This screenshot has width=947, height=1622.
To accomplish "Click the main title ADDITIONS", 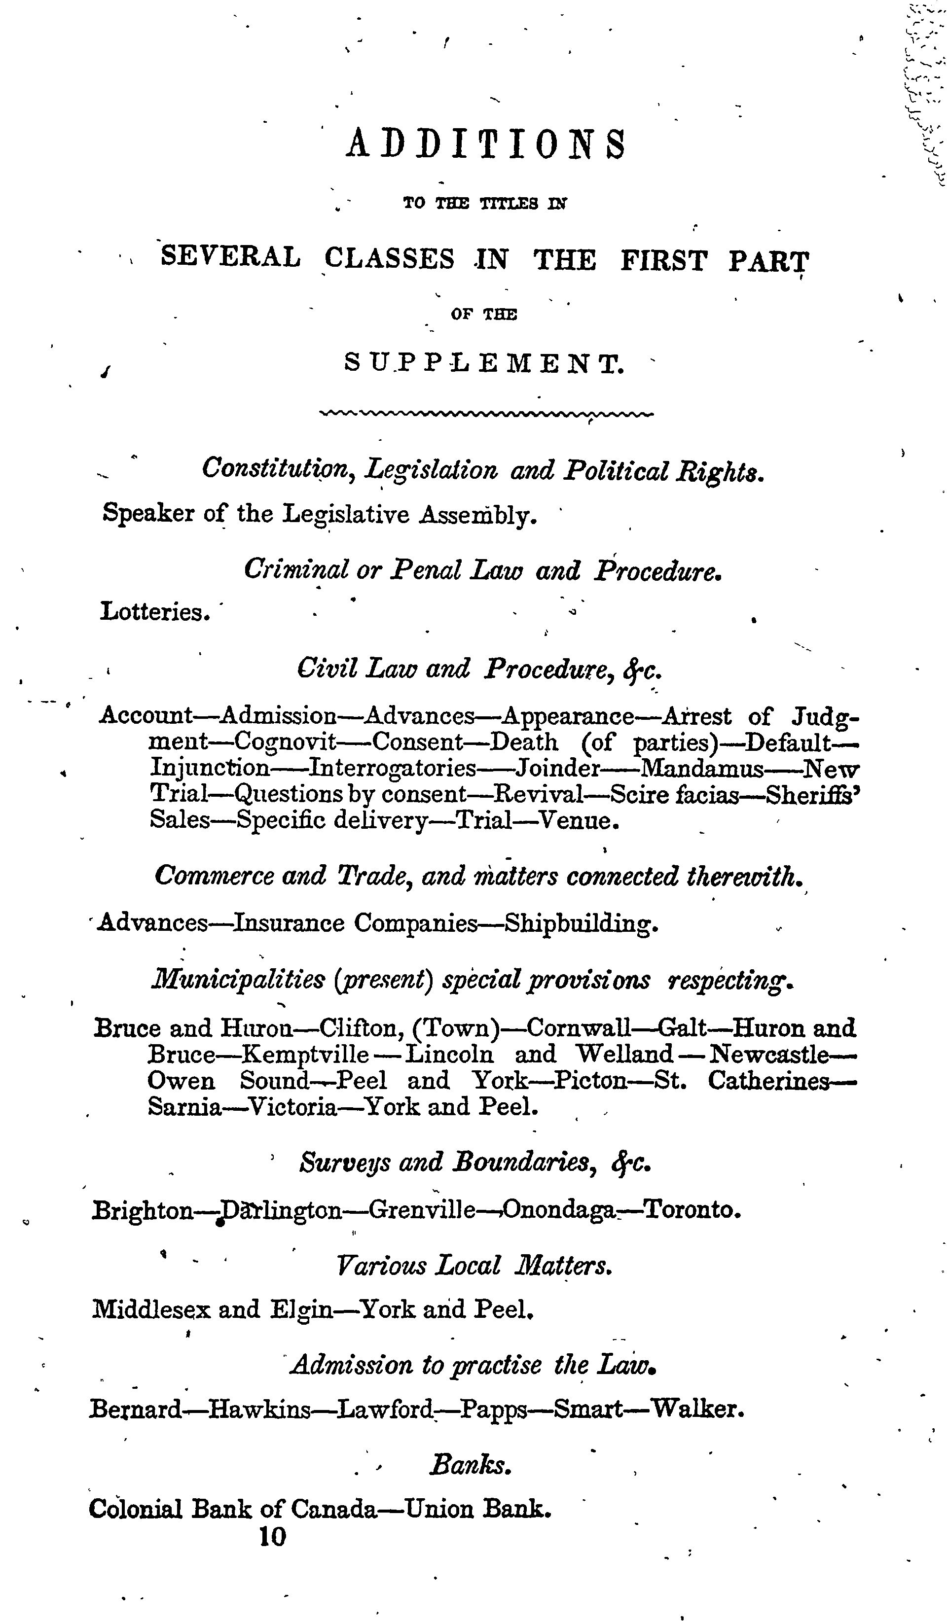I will (486, 143).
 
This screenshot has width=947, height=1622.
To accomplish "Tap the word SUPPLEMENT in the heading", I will (484, 364).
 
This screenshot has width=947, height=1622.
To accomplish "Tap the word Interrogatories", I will (393, 769).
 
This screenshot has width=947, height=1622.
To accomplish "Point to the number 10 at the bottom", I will (272, 1537).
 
